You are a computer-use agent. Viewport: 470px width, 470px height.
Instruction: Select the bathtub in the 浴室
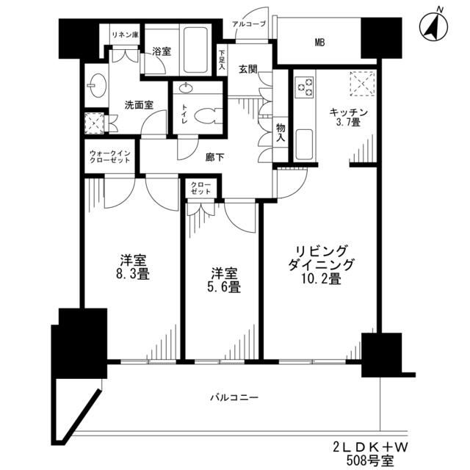click(x=193, y=49)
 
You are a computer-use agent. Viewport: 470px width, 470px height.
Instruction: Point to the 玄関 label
click(x=247, y=69)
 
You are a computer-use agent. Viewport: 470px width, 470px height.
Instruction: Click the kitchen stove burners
click(x=304, y=88)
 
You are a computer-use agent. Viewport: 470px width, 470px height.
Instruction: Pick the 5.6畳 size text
click(x=223, y=287)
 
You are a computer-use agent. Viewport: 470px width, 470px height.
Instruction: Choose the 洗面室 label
click(x=138, y=105)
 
